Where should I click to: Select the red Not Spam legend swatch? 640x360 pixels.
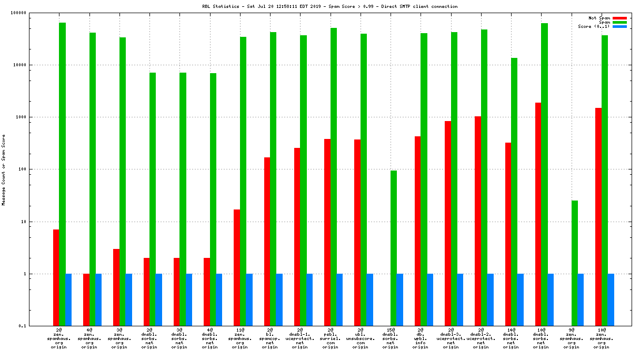click(x=619, y=18)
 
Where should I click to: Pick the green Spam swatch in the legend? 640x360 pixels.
click(x=619, y=22)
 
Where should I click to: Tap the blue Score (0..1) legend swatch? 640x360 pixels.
click(x=619, y=26)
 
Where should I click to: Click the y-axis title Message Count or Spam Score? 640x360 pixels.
click(x=4, y=169)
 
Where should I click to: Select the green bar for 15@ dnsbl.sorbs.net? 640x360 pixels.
click(x=394, y=248)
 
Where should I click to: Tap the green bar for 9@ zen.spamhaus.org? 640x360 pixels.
click(x=575, y=263)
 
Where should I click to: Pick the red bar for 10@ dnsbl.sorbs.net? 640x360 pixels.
click(x=538, y=214)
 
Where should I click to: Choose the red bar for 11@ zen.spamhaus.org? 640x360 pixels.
click(x=237, y=267)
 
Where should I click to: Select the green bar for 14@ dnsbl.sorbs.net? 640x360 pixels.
click(x=514, y=192)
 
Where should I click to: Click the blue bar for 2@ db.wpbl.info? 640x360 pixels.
click(x=430, y=300)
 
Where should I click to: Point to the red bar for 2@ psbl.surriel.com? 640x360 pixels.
click(x=327, y=232)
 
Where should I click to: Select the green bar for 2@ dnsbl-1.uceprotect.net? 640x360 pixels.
click(x=303, y=181)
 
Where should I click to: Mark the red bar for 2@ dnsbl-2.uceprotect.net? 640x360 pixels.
click(x=478, y=221)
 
